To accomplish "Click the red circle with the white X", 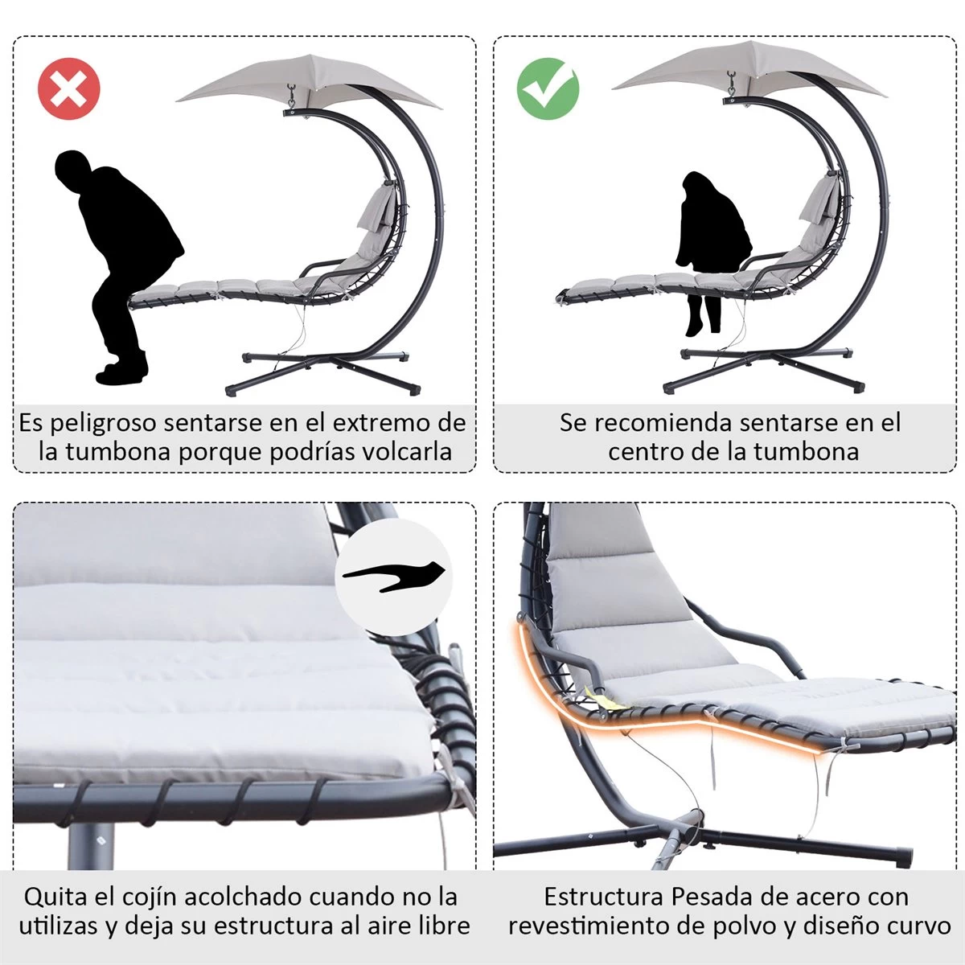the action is coord(68,88).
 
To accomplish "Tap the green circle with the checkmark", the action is coord(548,88).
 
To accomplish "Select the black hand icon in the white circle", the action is coord(394,576).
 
